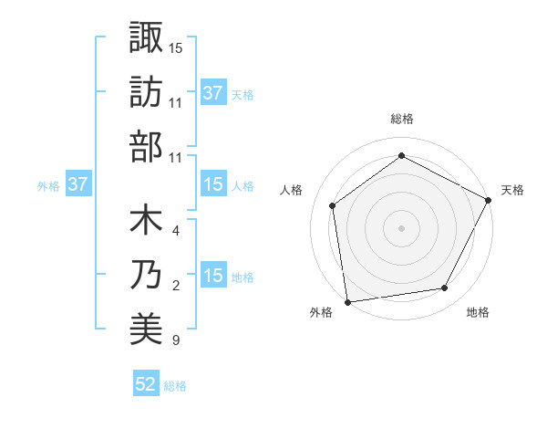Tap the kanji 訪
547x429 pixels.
tap(146, 93)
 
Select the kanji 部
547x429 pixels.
tap(146, 148)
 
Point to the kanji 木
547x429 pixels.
tap(146, 221)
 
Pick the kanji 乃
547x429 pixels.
tap(146, 276)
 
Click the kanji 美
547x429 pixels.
tap(146, 330)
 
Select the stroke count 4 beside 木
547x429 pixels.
tap(175, 231)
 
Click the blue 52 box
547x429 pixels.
tap(146, 385)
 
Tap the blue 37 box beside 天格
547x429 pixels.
tap(212, 93)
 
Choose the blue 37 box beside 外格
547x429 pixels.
tap(78, 184)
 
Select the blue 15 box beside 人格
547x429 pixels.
tap(212, 184)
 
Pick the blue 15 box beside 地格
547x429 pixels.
tap(212, 276)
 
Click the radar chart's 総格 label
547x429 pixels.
tap(401, 119)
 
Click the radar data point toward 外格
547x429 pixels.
tap(347, 301)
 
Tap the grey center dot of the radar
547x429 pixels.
tap(401, 227)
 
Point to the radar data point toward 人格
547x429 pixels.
tap(333, 205)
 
